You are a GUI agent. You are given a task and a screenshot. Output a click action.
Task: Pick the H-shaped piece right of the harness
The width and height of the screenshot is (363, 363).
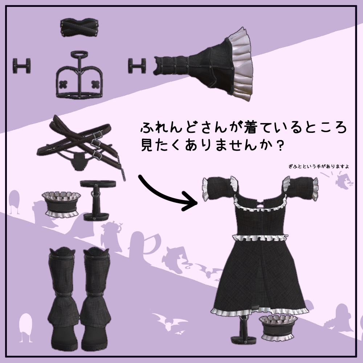[138, 65]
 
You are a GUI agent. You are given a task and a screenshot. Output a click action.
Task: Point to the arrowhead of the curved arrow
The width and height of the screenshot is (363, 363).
[191, 203]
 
